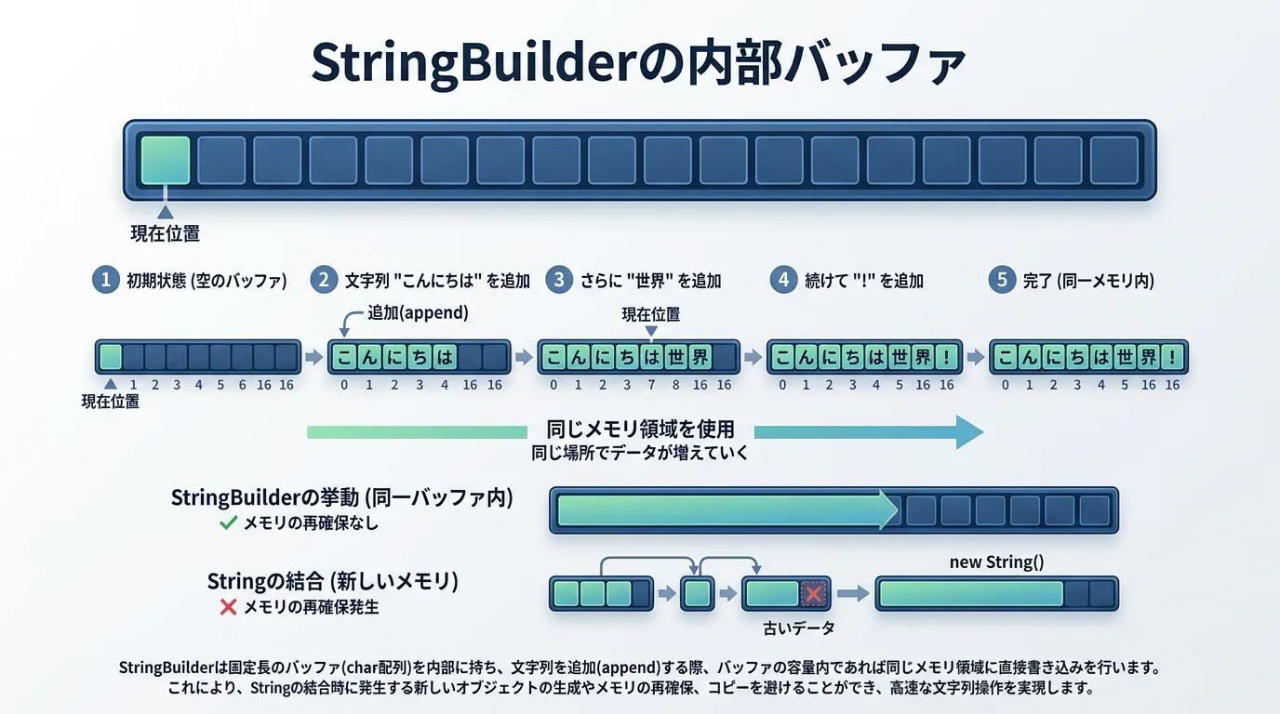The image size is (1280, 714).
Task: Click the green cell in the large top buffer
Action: [x=166, y=160]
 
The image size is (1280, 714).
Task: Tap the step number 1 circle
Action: [x=106, y=280]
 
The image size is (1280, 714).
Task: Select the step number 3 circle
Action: [x=558, y=280]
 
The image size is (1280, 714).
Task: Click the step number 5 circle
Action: [x=1002, y=280]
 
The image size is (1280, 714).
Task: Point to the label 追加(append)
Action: [x=418, y=313]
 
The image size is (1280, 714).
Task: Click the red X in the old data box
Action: [x=815, y=593]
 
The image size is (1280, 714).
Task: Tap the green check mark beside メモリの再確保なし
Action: [x=228, y=523]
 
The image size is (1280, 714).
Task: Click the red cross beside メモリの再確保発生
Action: [x=228, y=607]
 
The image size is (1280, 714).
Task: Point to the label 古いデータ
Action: [x=798, y=628]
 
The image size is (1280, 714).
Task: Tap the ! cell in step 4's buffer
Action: [x=947, y=357]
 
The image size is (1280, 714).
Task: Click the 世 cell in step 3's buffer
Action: [x=675, y=357]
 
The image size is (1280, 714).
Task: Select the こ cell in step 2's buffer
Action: [x=344, y=357]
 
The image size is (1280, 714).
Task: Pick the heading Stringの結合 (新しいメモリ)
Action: [x=332, y=582]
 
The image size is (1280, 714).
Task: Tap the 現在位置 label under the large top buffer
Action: [x=166, y=234]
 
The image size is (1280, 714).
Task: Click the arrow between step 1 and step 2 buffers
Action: [x=313, y=357]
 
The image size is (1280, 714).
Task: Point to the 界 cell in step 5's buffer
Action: [x=1150, y=357]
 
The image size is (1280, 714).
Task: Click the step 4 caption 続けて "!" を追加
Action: [x=864, y=280]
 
